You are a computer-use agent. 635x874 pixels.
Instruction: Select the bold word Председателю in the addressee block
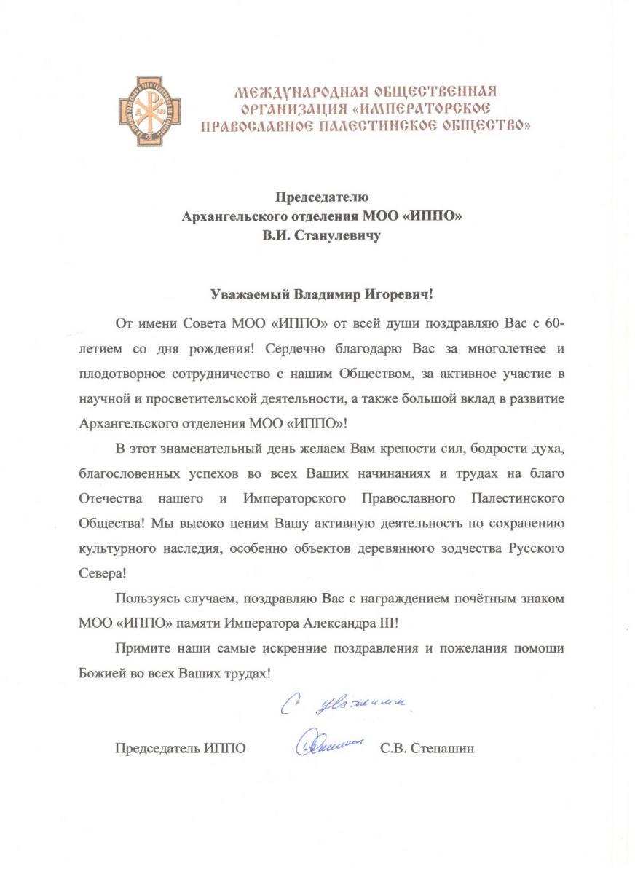coord(322,196)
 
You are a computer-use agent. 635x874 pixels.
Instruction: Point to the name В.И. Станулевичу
coord(322,236)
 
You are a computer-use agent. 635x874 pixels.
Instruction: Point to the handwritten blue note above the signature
coord(346,704)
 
